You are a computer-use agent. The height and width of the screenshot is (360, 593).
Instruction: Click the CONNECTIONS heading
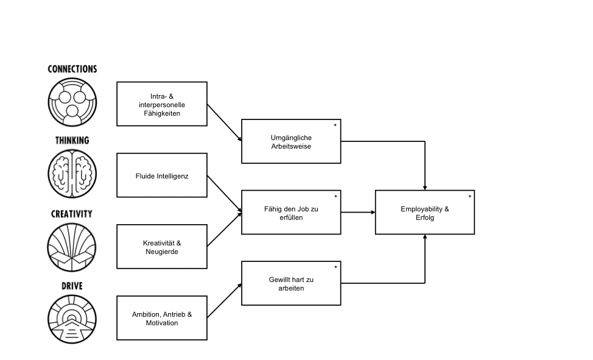tap(72, 69)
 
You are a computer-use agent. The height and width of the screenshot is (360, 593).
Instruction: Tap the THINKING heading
tap(72, 141)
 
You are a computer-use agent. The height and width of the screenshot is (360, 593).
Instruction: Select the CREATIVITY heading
tap(72, 214)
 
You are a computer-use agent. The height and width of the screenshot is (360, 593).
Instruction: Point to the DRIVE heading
tap(72, 286)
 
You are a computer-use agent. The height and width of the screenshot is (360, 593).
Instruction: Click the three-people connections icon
tap(72, 102)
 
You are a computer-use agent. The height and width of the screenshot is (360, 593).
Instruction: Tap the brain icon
tap(72, 174)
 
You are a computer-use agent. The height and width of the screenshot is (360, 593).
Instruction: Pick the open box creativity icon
tap(72, 247)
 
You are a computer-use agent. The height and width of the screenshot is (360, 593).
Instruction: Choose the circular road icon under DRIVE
tap(72, 319)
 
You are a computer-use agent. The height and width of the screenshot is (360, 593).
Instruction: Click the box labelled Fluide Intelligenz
tap(162, 175)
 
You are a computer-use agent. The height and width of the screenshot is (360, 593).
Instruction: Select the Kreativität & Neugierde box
tap(162, 247)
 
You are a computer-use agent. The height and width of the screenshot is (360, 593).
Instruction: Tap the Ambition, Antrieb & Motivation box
tap(162, 318)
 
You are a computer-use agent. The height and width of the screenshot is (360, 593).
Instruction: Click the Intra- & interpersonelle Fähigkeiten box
tap(162, 104)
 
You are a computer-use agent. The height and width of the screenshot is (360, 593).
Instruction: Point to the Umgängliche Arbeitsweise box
tap(291, 141)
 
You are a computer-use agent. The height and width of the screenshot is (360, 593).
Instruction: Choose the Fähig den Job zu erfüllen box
tap(291, 213)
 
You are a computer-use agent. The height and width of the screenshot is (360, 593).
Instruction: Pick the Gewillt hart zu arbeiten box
tap(291, 283)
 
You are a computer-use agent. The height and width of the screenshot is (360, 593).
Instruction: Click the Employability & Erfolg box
tap(424, 213)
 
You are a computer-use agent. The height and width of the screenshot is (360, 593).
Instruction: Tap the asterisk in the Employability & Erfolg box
tap(469, 196)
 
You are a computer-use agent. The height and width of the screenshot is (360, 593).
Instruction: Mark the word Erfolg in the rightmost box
tap(424, 217)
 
